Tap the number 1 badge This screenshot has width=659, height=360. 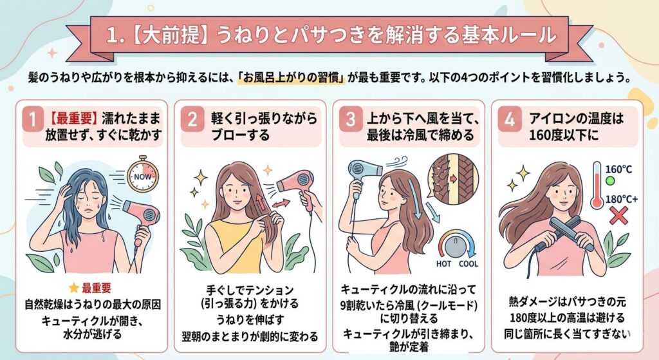click(x=32, y=119)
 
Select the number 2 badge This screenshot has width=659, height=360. click(x=192, y=119)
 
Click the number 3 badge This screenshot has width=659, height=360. click(x=351, y=119)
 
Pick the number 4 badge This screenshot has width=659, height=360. click(x=510, y=119)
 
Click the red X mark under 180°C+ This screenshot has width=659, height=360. click(x=618, y=215)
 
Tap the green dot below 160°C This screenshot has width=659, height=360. click(x=610, y=181)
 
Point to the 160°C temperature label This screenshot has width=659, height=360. click(x=618, y=169)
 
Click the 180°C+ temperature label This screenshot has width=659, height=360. click(x=621, y=199)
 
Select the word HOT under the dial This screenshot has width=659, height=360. click(x=443, y=263)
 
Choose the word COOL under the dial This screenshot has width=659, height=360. click(x=469, y=263)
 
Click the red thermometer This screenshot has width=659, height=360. click(x=597, y=185)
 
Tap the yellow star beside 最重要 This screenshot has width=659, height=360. click(x=74, y=288)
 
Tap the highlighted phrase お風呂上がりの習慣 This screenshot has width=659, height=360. click(x=292, y=78)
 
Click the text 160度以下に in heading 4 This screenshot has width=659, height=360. click(x=563, y=135)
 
